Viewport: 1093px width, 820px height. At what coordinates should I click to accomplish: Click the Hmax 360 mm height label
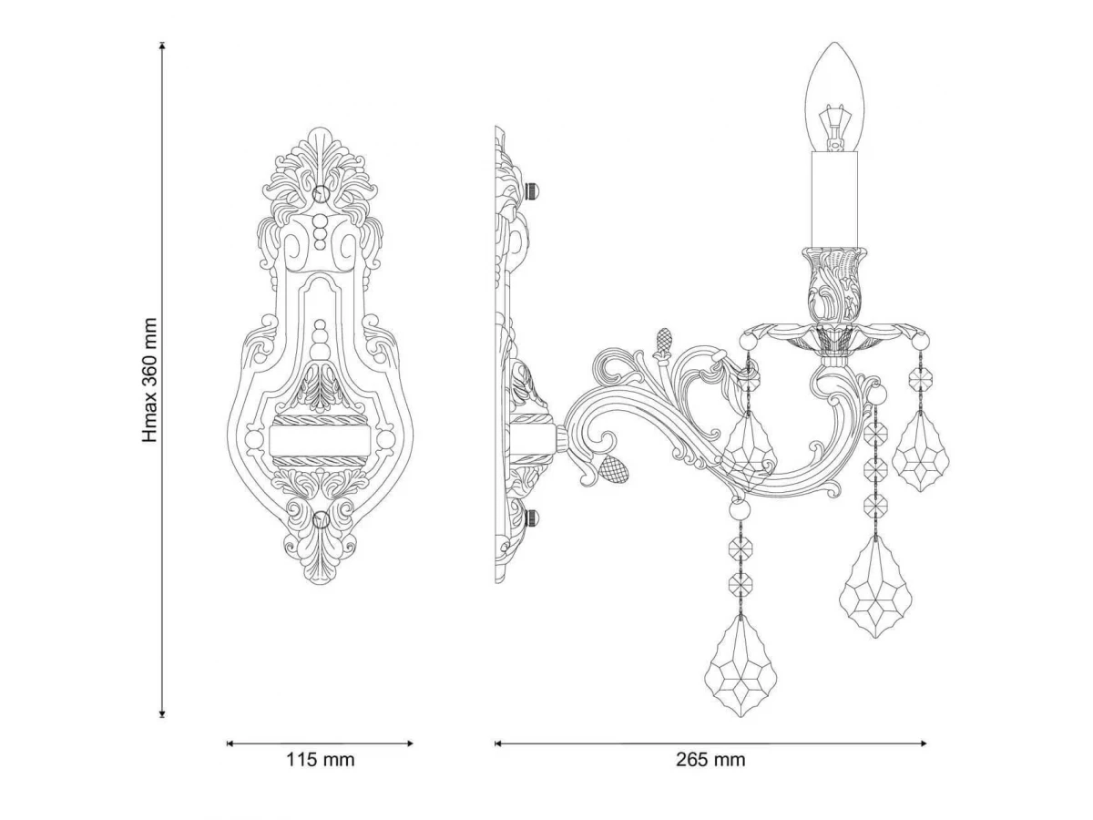149,380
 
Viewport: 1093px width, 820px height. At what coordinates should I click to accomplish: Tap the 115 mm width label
320,760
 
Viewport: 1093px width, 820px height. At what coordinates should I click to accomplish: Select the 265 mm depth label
710,760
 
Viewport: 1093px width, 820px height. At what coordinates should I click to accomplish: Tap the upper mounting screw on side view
532,190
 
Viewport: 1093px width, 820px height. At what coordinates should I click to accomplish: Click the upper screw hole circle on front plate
320,193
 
